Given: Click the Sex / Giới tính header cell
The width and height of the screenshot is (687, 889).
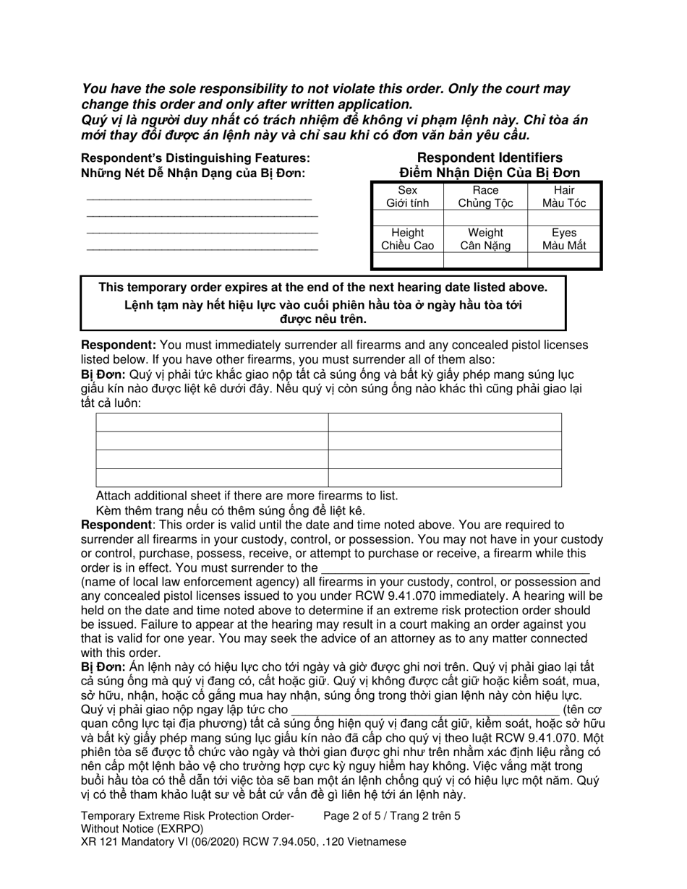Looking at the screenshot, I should tap(407, 197).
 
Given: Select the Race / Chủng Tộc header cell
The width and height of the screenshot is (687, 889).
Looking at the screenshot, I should tap(485, 197).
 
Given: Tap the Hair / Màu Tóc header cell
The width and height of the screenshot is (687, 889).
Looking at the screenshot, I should tap(564, 197).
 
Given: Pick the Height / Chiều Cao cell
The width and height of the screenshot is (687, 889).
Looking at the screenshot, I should tap(407, 239).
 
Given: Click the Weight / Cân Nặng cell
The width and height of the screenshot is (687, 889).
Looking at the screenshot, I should tap(485, 239).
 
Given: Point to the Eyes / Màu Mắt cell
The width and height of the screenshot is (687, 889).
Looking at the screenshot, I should tap(564, 239).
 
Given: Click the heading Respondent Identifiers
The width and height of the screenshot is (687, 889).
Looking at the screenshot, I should tap(490, 158).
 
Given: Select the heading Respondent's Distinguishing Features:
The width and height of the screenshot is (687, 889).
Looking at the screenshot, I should tap(195, 158).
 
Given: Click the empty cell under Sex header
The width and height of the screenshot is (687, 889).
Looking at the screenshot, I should tap(407, 218).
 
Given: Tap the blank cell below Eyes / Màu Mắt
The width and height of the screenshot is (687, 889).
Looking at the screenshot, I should tap(564, 259).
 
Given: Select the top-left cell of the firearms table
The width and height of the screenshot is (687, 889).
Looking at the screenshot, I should tap(212, 422).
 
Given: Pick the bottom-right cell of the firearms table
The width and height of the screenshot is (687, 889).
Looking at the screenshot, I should tap(445, 478).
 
